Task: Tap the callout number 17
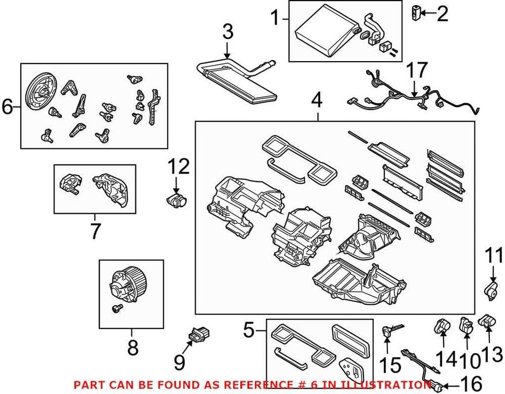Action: (x=417, y=71)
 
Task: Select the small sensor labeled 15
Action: (x=388, y=330)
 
